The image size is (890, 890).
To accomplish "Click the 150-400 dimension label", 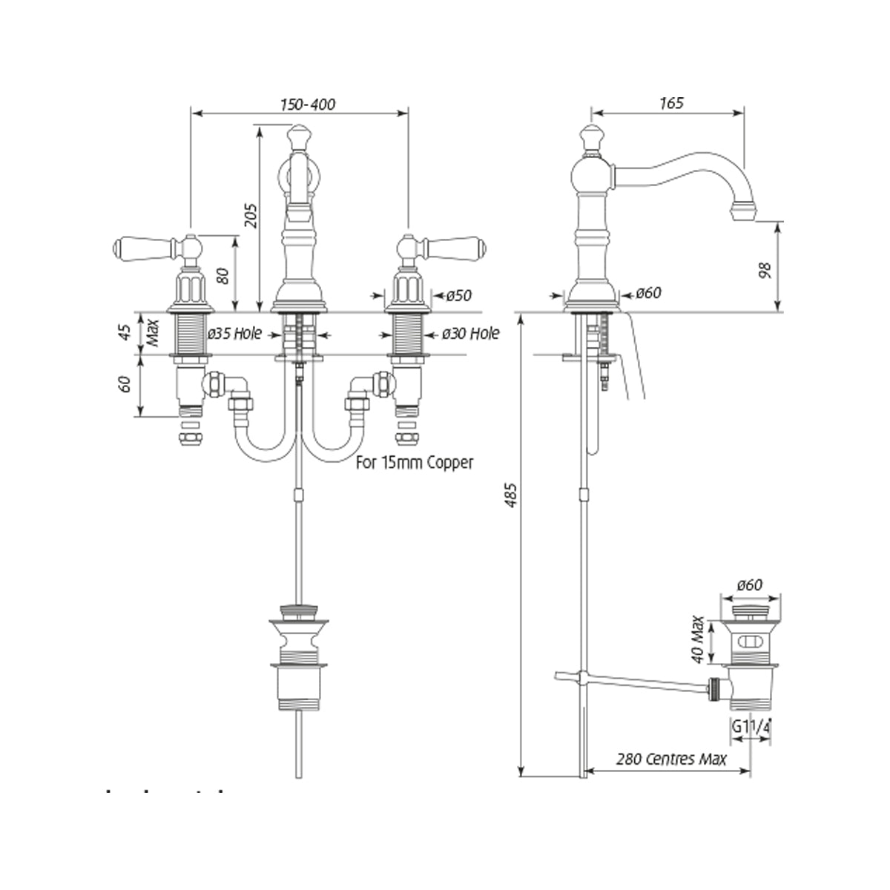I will coord(307,105).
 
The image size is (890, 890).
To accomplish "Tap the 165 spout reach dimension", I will coord(670,103).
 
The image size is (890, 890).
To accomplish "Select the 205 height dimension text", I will coord(251,216).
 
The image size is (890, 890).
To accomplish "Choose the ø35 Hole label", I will coord(234,334).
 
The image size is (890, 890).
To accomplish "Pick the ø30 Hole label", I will coord(470,334).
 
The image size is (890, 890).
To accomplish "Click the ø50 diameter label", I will coord(458,296).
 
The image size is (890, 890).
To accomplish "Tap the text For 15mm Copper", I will coord(415,463).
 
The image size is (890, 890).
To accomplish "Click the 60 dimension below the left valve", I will coord(125,384).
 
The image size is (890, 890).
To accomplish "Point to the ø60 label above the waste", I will coord(749,586).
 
